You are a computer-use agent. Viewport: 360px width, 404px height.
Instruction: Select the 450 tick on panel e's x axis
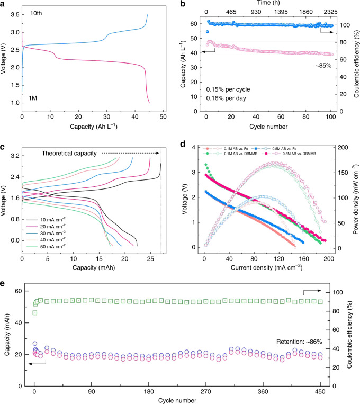point(319,393)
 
